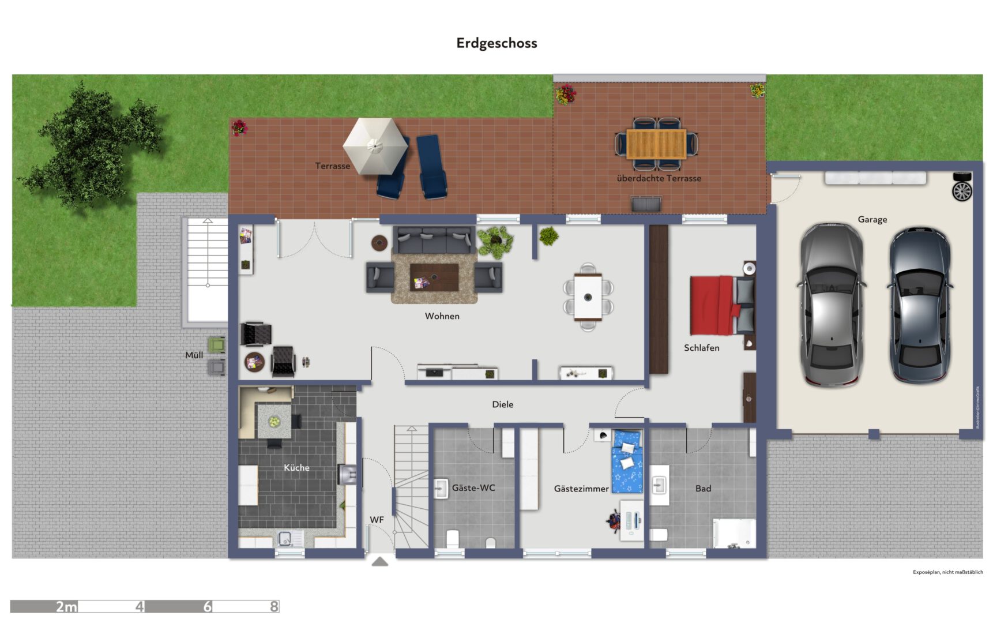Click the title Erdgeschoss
tap(497, 43)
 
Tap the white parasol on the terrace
tap(375, 145)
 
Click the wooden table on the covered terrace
tap(656, 144)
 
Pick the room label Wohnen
tap(442, 316)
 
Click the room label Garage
tap(872, 219)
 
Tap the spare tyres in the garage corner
tap(962, 187)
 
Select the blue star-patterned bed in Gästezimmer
tap(627, 461)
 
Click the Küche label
tap(296, 468)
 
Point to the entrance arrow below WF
tap(379, 561)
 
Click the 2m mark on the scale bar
tap(66, 606)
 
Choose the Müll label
tap(194, 355)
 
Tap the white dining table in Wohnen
tap(588, 297)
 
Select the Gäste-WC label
tap(473, 488)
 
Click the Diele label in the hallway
tap(502, 404)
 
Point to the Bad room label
tap(703, 489)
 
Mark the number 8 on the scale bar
tap(274, 606)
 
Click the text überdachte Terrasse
tap(659, 179)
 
